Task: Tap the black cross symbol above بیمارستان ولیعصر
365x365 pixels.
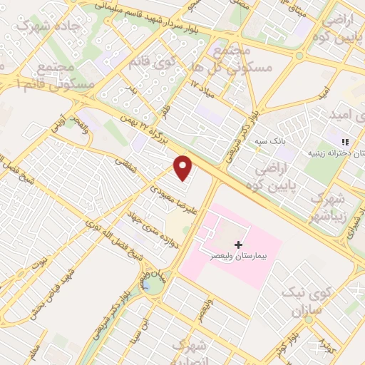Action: tap(238, 245)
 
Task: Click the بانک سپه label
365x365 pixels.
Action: tap(271, 142)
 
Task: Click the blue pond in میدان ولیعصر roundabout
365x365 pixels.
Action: tap(152, 285)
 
